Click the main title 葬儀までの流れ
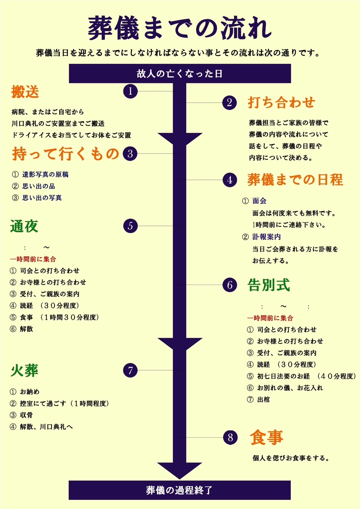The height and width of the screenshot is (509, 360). (180, 28)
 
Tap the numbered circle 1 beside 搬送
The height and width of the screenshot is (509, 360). (130, 91)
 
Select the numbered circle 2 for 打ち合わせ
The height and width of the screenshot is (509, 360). (230, 102)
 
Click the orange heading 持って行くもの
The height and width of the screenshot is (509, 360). (66, 154)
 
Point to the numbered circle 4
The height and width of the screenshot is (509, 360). (230, 180)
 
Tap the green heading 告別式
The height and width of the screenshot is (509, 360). (269, 285)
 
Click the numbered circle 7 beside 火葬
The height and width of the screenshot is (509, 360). (130, 370)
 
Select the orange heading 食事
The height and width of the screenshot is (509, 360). (267, 437)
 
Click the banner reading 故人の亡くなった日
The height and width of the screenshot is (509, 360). (180, 73)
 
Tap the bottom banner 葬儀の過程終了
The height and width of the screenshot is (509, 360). (180, 490)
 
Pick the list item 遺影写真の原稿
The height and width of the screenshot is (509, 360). (45, 174)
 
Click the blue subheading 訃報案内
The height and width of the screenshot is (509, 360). (267, 237)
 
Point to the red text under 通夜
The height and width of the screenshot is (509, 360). (33, 259)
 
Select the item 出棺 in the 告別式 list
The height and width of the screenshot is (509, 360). (263, 399)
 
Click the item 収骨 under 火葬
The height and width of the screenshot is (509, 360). (26, 415)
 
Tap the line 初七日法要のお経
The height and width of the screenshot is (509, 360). (283, 376)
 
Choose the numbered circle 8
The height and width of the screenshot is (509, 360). (230, 437)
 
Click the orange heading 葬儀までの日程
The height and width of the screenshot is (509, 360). (295, 180)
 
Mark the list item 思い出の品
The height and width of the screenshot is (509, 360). (38, 186)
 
